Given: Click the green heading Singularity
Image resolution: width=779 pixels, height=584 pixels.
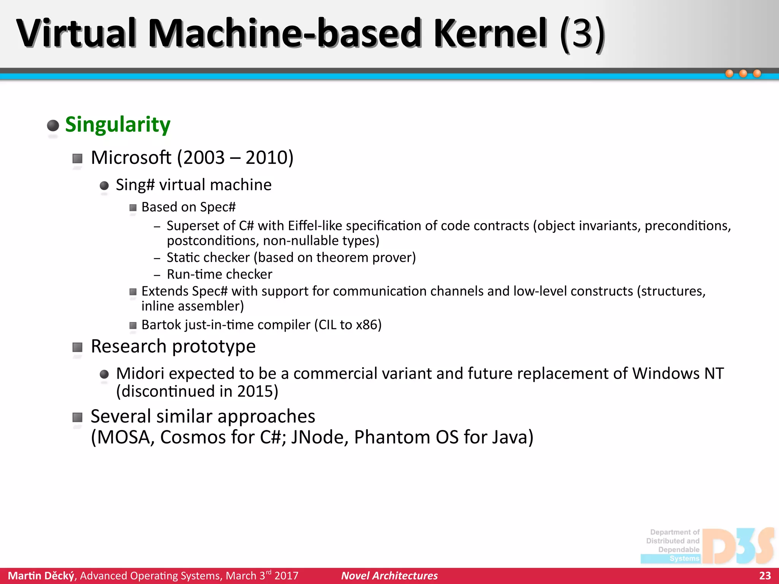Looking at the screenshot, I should (118, 125).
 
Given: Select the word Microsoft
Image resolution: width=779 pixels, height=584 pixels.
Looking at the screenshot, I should (131, 157).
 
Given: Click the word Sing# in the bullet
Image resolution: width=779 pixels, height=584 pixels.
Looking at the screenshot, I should (135, 185).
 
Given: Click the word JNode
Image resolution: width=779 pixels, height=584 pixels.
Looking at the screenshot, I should (319, 437).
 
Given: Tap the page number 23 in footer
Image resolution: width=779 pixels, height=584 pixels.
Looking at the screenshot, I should (765, 576).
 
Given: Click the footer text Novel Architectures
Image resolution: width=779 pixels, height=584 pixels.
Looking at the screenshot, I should (389, 576).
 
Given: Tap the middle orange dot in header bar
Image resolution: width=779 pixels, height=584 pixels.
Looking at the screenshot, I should (743, 73).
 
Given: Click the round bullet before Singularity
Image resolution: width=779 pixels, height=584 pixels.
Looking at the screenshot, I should (53, 125).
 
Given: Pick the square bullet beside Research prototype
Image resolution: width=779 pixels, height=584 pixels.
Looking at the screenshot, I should (78, 347).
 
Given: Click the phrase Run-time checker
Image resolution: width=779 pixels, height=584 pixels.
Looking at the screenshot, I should (219, 274).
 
